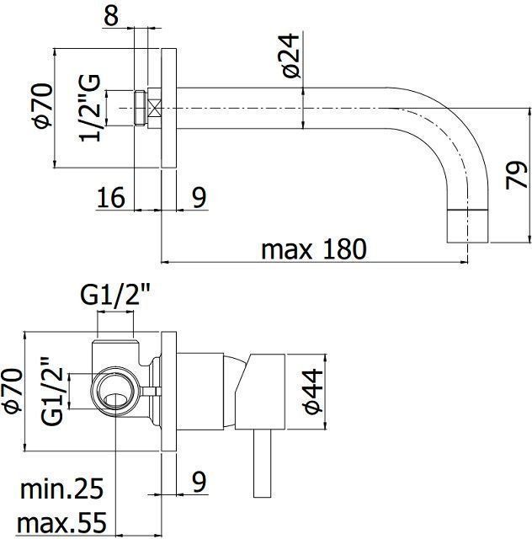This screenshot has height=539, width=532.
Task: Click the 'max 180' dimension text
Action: click(x=313, y=249)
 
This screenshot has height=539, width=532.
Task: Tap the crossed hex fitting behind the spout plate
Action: click(x=153, y=109)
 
